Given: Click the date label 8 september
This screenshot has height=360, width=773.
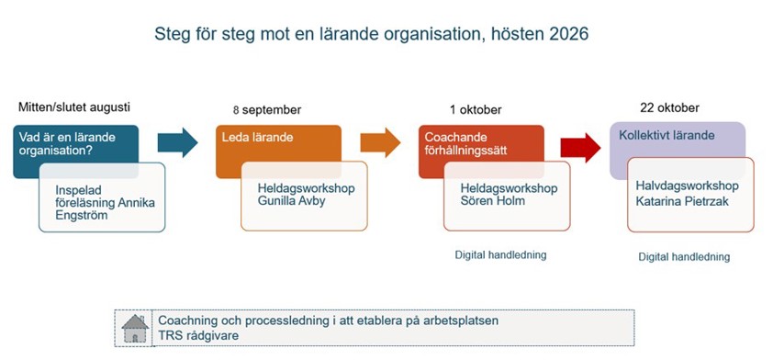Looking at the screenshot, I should [266, 110].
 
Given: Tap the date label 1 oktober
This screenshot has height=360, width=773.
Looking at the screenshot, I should [476, 110].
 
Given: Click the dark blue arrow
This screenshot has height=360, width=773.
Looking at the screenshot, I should [177, 141].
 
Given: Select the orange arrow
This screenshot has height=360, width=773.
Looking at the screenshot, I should [380, 141].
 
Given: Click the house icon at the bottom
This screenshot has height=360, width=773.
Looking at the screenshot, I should [135, 328].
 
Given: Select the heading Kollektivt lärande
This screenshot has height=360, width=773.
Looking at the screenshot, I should [667, 136].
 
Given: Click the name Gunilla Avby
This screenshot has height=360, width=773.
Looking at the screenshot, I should [295, 200].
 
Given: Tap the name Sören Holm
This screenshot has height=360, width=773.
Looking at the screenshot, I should [493, 200].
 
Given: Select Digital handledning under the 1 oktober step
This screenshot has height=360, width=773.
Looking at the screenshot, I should [500, 254].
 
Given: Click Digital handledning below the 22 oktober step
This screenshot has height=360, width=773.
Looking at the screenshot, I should [684, 257].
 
